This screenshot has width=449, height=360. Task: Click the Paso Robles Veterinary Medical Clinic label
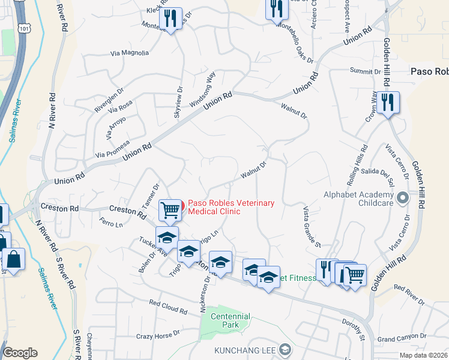point(231,207)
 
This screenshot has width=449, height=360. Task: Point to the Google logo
point(20,353)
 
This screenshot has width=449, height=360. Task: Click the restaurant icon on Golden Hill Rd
point(388,103)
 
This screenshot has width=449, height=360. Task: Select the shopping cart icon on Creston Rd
point(170,210)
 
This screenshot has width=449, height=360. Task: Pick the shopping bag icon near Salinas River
point(13,260)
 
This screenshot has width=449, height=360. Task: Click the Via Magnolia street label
point(130,53)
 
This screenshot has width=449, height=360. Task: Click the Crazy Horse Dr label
point(158,335)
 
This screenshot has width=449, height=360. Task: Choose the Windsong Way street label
point(202,89)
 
